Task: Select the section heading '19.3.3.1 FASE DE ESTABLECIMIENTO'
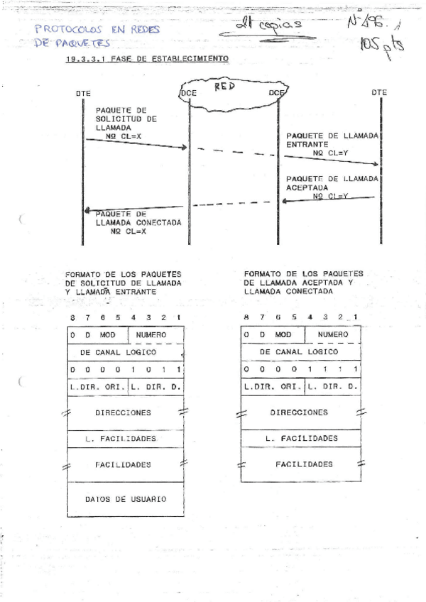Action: tap(147, 60)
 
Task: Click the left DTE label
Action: tap(83, 93)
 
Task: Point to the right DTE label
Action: tap(379, 92)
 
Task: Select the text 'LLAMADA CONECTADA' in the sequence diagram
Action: tap(138, 221)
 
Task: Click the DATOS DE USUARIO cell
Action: tap(126, 499)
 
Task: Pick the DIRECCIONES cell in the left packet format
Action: tap(126, 412)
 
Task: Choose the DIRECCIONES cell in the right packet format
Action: tap(300, 412)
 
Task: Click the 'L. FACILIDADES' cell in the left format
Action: tap(126, 439)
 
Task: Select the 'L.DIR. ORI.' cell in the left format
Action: tap(97, 387)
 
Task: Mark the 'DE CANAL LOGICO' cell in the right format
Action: tap(300, 351)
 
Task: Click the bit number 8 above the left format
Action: tap(72, 317)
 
